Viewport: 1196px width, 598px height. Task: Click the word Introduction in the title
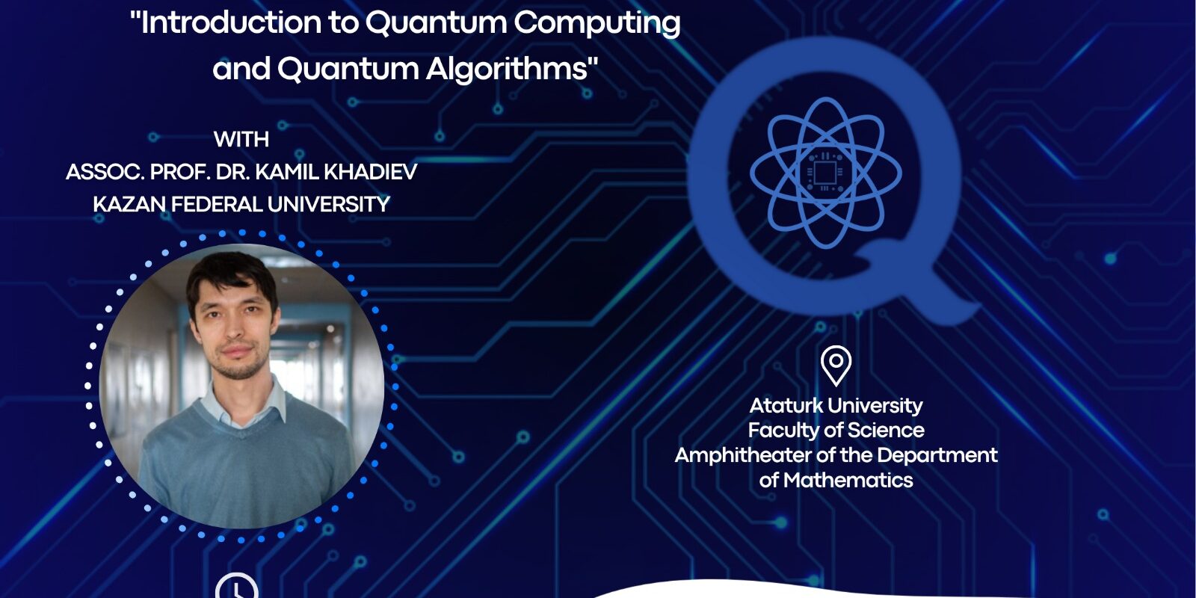click(x=231, y=22)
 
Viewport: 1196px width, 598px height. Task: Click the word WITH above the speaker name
click(x=241, y=139)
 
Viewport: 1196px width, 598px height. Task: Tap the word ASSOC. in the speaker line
click(x=105, y=172)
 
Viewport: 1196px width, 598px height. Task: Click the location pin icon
click(x=836, y=366)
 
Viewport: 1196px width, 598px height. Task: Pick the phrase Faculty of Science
click(x=836, y=431)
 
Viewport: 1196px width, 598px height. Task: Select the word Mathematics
click(x=848, y=480)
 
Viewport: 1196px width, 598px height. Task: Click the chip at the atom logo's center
click(x=825, y=173)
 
